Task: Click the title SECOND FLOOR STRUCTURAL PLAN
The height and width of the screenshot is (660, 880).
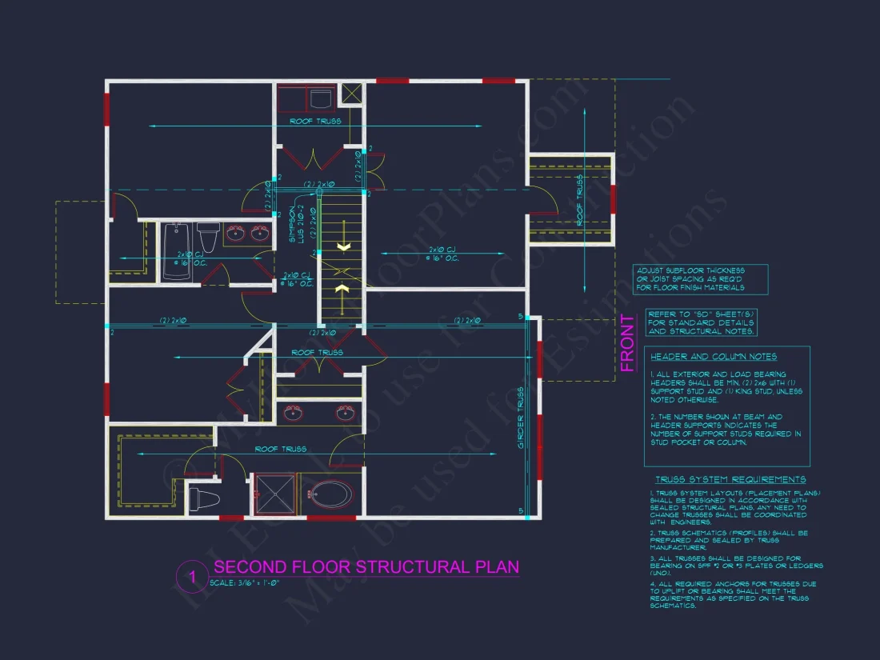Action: pos(366,566)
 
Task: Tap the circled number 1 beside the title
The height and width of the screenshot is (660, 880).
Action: pos(191,576)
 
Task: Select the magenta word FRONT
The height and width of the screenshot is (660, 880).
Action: pos(628,343)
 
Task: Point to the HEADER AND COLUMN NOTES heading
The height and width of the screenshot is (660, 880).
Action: pos(702,357)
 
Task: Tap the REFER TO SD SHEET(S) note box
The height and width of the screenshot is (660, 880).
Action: pos(701,322)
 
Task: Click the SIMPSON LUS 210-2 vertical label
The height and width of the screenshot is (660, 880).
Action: pos(293,225)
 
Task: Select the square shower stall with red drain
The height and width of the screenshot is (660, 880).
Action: pos(273,495)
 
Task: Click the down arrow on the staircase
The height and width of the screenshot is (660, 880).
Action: pos(342,247)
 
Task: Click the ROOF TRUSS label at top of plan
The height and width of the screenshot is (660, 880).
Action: pos(315,121)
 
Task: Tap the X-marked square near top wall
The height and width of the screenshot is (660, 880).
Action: pos(351,93)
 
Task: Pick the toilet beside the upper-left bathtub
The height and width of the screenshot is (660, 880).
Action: pos(208,238)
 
